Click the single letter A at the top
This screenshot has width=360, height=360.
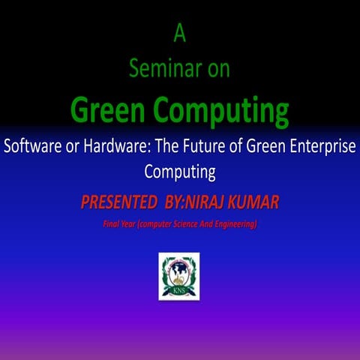coord(179,33)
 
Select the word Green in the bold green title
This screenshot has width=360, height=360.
coord(109,110)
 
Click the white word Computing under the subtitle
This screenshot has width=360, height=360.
coord(179,172)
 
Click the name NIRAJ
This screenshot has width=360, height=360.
coord(213,202)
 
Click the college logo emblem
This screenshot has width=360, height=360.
coord(179,275)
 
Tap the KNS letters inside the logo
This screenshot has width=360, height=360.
coord(179,290)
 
